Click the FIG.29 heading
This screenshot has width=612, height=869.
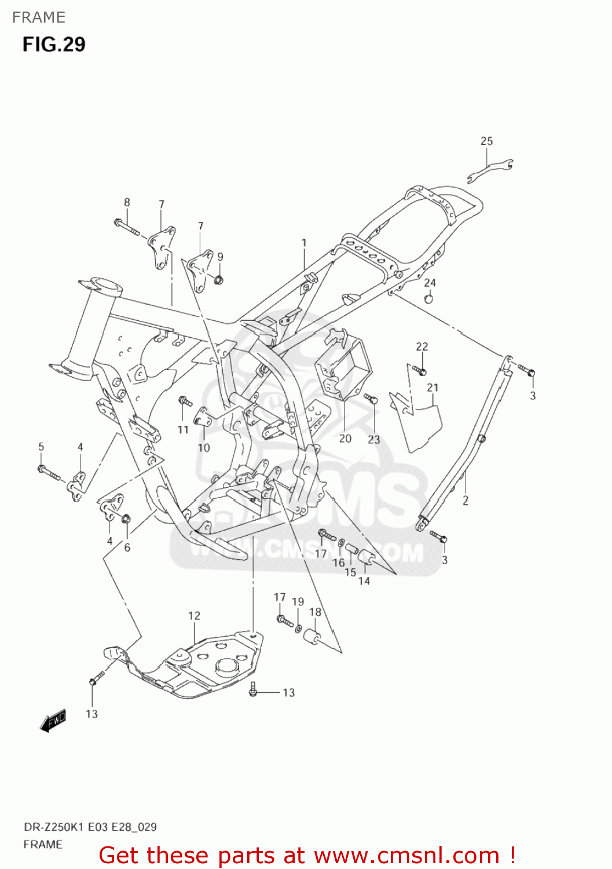pyautogui.click(x=54, y=45)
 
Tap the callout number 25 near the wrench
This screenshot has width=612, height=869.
pyautogui.click(x=486, y=141)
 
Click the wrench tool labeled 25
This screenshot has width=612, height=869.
pyautogui.click(x=490, y=171)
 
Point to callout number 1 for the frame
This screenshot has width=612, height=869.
pyautogui.click(x=303, y=243)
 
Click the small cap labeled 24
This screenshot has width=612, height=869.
pyautogui.click(x=429, y=299)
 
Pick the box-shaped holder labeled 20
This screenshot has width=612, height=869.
pyautogui.click(x=342, y=365)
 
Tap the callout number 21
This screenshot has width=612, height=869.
pyautogui.click(x=433, y=388)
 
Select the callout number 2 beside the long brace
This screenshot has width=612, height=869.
pyautogui.click(x=466, y=501)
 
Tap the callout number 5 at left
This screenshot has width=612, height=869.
pyautogui.click(x=41, y=447)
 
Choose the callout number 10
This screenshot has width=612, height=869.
pyautogui.click(x=204, y=448)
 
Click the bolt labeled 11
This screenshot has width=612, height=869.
pyautogui.click(x=185, y=401)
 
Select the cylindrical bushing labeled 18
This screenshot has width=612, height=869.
pyautogui.click(x=313, y=636)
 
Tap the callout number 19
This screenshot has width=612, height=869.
pyautogui.click(x=298, y=601)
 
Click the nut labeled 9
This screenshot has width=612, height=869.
pyautogui.click(x=218, y=280)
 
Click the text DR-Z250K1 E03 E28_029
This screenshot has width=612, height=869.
pyautogui.click(x=90, y=827)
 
